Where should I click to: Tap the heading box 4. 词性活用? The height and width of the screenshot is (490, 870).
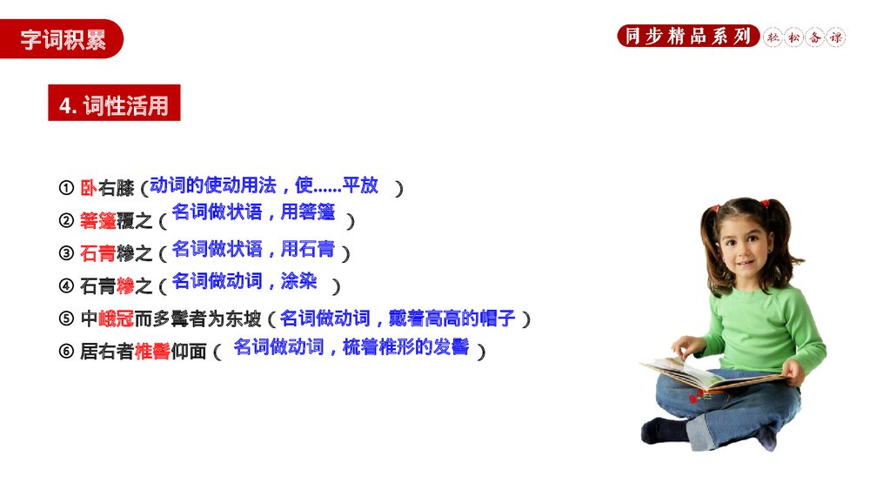click(x=114, y=105)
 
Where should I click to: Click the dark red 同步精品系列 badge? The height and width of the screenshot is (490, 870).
click(x=687, y=37)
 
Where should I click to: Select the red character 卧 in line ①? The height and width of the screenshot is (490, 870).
click(x=88, y=187)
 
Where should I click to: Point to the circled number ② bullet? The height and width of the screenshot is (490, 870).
click(x=66, y=222)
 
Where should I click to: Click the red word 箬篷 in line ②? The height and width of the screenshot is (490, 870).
click(x=97, y=221)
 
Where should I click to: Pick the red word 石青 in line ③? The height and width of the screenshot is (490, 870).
click(x=97, y=253)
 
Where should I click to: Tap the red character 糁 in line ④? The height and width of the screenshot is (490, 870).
click(x=125, y=285)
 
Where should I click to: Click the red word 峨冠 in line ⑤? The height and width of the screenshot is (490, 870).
click(x=116, y=319)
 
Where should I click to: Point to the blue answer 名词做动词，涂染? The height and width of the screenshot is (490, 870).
click(x=244, y=280)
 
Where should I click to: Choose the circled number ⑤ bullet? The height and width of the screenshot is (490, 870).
click(x=66, y=319)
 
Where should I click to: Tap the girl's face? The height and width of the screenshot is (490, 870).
click(x=736, y=249)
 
